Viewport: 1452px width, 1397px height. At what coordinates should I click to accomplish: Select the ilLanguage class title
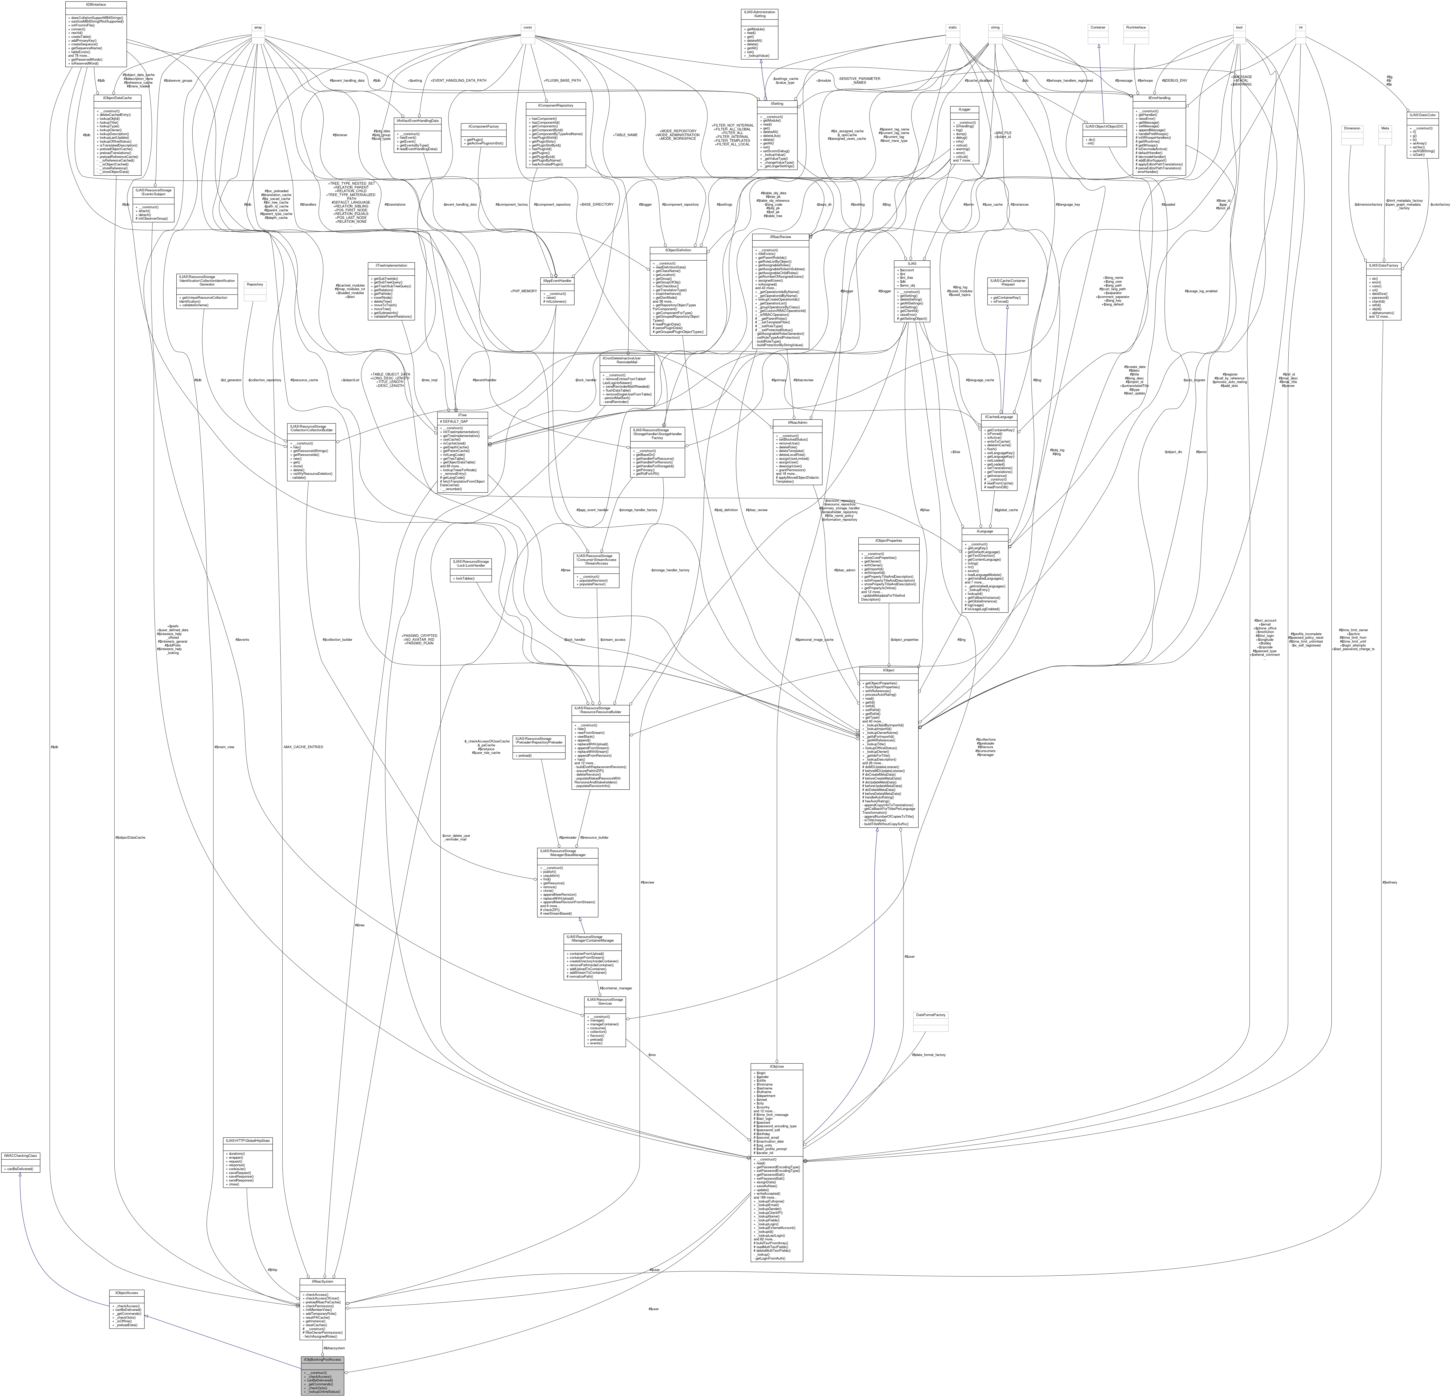point(984,531)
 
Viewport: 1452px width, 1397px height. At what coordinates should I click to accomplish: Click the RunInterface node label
point(1135,27)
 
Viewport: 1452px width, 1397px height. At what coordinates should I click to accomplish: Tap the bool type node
point(1238,27)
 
